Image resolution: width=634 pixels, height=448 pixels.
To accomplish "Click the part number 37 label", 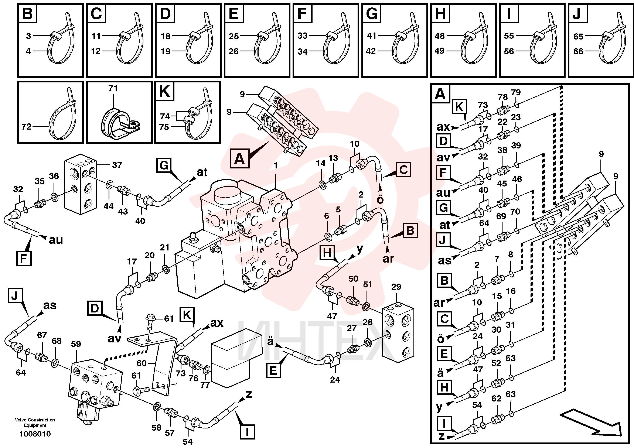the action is point(117,165).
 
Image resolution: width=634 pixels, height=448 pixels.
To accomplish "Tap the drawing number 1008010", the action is point(35,434).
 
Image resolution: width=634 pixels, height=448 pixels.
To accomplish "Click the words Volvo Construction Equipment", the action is point(35,423).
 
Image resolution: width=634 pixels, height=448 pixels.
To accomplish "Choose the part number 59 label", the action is point(76,344).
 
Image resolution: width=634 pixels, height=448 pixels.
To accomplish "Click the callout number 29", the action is point(396,287).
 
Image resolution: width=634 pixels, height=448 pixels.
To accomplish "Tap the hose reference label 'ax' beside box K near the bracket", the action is point(217,323).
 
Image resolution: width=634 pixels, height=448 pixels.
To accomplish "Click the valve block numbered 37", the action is point(80,184).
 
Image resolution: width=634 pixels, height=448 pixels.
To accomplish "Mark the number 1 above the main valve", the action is point(276,166).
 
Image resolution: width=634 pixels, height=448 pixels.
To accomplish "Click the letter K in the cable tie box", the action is point(165,91).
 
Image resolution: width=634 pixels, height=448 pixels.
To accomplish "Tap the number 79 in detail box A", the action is point(516,92).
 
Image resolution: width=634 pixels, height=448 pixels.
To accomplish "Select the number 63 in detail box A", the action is point(511,394).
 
